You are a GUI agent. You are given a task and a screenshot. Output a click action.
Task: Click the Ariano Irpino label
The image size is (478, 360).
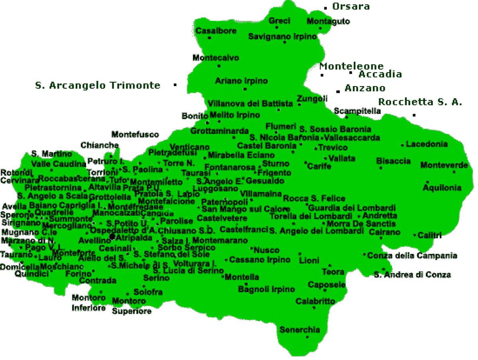241,81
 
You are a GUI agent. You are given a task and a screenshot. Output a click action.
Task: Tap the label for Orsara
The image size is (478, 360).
351,6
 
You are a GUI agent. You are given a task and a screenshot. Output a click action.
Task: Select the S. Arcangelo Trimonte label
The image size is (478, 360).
98,85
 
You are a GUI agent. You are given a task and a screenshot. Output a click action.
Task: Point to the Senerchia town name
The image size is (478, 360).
300,330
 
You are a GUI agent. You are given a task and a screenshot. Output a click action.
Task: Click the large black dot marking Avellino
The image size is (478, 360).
112,237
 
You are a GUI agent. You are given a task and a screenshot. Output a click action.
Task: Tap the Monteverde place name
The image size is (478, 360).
444,165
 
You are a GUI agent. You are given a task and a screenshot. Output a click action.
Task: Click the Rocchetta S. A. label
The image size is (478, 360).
420,102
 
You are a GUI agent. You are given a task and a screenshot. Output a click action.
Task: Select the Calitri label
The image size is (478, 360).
429,236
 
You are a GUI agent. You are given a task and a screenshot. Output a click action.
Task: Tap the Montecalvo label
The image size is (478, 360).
216,58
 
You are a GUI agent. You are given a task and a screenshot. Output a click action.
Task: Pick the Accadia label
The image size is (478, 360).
380,74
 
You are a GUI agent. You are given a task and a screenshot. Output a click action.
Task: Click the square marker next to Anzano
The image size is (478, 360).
338,91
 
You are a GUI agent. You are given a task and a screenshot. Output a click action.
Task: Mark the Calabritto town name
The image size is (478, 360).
315,301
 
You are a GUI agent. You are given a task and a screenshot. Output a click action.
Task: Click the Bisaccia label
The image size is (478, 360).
393,161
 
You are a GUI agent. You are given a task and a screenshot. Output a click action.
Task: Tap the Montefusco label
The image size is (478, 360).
135,135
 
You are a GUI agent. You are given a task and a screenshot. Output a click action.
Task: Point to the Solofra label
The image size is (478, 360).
148,292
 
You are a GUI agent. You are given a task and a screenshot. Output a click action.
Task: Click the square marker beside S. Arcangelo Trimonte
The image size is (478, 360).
175,85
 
